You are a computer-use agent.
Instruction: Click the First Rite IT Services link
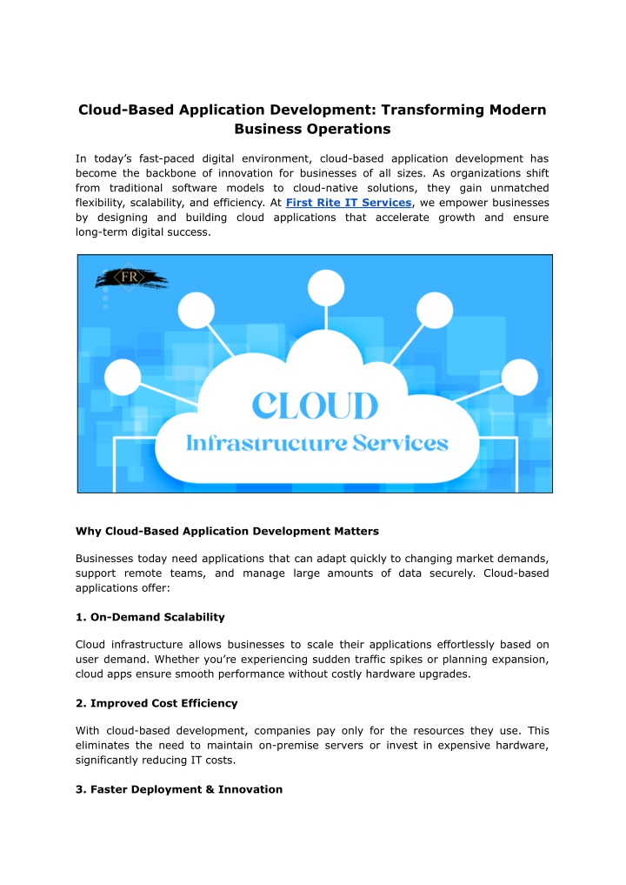[x=348, y=203]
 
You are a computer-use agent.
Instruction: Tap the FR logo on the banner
[x=130, y=278]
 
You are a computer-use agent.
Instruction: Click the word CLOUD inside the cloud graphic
[x=315, y=406]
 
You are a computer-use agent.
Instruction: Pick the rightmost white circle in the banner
[x=520, y=378]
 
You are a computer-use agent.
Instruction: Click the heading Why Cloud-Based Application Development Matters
[x=227, y=530]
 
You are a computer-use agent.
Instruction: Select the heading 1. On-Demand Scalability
[x=150, y=616]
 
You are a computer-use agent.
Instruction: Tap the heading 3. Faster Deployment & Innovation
[x=179, y=788]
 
